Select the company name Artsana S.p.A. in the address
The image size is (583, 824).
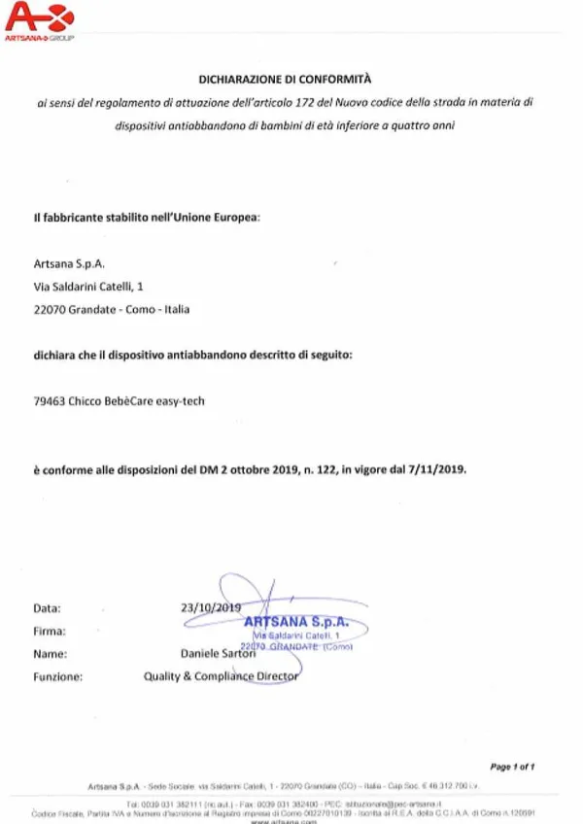tap(69, 263)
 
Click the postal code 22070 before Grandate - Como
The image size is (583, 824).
tap(49, 310)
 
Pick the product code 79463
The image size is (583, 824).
tap(50, 400)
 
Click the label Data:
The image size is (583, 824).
tap(47, 608)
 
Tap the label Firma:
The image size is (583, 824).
tap(50, 631)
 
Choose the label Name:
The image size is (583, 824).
tap(50, 654)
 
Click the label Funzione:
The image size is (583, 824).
tap(57, 676)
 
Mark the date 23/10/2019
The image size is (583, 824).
tap(210, 607)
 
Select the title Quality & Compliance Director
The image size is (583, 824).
tap(222, 675)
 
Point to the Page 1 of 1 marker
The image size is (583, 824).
tap(512, 767)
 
